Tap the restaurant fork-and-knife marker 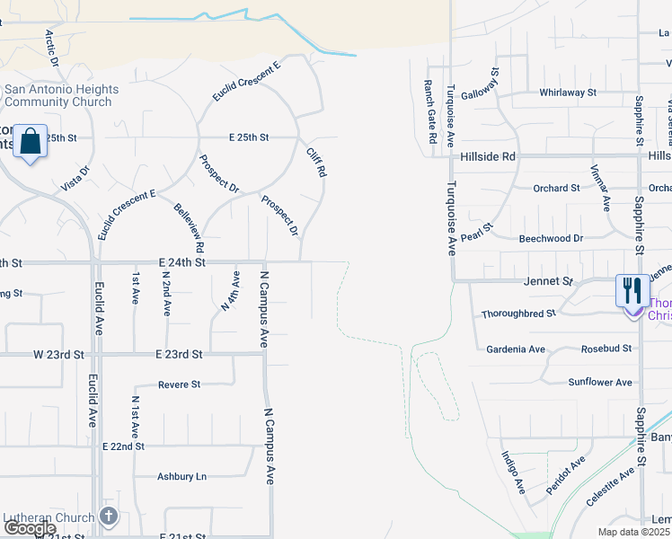tap(632, 291)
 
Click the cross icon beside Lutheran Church tap(108, 517)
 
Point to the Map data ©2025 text tap(632, 532)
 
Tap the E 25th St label tap(249, 137)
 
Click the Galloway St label tap(480, 84)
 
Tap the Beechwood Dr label tap(551, 239)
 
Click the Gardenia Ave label tap(516, 349)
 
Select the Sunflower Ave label tap(600, 383)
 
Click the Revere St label tap(179, 384)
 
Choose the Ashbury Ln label tap(181, 477)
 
